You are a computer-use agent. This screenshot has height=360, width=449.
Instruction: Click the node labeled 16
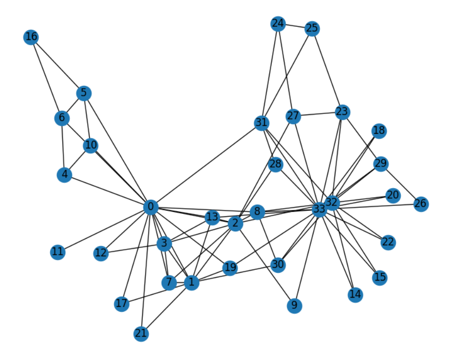coord(31,37)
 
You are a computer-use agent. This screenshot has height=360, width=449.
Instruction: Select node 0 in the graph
coord(151,208)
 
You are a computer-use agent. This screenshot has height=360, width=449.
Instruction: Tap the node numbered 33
coord(318,209)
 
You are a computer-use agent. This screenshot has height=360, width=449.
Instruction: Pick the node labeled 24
coord(278,23)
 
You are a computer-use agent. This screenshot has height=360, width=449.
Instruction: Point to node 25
coord(312,29)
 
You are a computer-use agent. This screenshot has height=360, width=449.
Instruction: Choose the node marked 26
coord(421,204)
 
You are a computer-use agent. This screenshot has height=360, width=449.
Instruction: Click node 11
coord(57,252)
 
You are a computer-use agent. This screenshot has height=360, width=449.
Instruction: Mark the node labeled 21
coord(141,334)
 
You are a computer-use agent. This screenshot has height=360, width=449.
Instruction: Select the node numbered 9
coord(294,305)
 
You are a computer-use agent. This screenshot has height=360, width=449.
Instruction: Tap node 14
coord(355,294)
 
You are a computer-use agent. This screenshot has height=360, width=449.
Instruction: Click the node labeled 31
coord(262,123)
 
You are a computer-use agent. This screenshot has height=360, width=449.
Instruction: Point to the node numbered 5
coord(84,93)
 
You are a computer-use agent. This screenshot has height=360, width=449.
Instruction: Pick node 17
coord(121,304)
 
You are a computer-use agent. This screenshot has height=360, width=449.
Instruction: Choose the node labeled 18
coord(378,131)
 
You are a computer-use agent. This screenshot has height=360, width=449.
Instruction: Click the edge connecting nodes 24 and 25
coord(295,26)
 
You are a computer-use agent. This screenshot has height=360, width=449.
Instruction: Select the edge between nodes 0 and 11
coord(104,229)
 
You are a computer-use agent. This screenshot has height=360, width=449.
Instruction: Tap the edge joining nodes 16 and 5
coord(57,65)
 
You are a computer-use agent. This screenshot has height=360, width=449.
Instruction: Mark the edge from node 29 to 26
coord(401,184)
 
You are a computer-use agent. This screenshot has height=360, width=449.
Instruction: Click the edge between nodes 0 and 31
coord(206,165)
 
